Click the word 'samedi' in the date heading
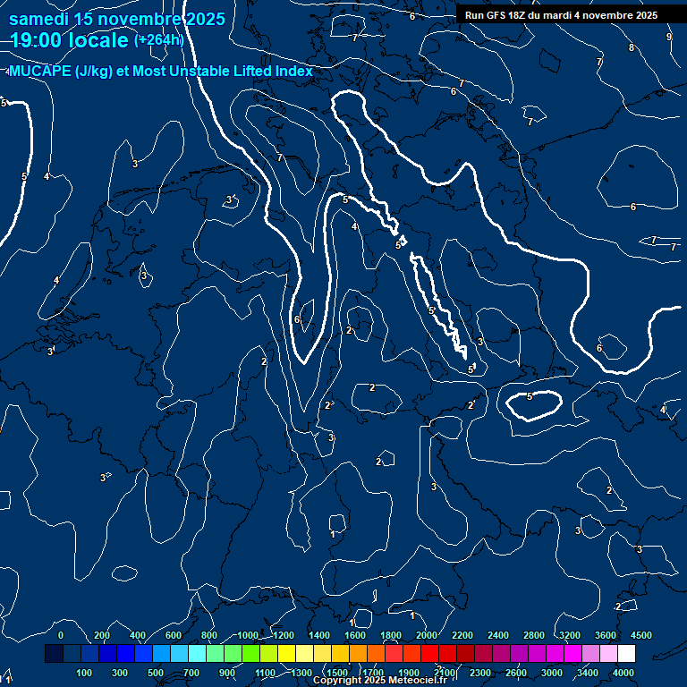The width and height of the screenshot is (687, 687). pyautogui.click(x=39, y=18)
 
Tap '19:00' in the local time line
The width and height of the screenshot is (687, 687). pyautogui.click(x=38, y=40)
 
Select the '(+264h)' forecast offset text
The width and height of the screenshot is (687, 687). pyautogui.click(x=158, y=39)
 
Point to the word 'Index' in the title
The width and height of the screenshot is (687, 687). pyautogui.click(x=293, y=72)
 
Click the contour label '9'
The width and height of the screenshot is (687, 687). pyautogui.click(x=669, y=37)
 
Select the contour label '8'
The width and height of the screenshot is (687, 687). pyautogui.click(x=632, y=47)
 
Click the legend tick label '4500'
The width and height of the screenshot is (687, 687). pyautogui.click(x=641, y=635)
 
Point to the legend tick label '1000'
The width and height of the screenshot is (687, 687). pyautogui.click(x=248, y=635)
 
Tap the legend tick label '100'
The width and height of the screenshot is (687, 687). pyautogui.click(x=84, y=672)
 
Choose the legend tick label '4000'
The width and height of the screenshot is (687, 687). pyautogui.click(x=624, y=672)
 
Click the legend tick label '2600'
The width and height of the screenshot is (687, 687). pyautogui.click(x=517, y=672)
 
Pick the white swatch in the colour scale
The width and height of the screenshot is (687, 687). pyautogui.click(x=626, y=654)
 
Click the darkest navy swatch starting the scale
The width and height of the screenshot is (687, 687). pyautogui.click(x=54, y=654)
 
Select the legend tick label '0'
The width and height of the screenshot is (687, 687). pyautogui.click(x=60, y=635)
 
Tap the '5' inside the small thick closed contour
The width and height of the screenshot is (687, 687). pyautogui.click(x=530, y=396)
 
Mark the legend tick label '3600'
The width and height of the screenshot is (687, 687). pyautogui.click(x=606, y=635)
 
